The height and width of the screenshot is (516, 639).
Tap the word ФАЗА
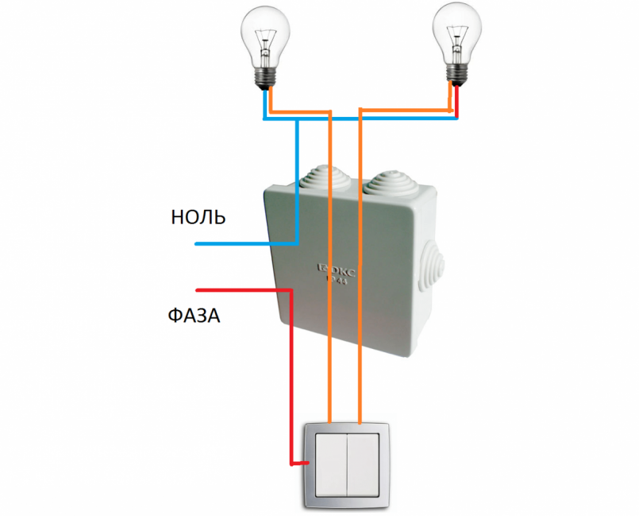pyautogui.click(x=194, y=316)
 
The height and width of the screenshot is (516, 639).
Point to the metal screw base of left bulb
pyautogui.click(x=265, y=76)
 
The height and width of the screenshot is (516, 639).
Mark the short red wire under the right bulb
pyautogui.click(x=456, y=101)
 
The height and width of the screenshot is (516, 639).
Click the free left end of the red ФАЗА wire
pyautogui.click(x=197, y=290)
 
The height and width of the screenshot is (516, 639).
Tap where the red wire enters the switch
pyautogui.click(x=306, y=462)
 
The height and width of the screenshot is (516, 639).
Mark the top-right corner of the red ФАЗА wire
pyautogui.click(x=291, y=291)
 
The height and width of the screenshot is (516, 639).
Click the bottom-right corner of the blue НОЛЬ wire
pyautogui.click(x=296, y=242)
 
